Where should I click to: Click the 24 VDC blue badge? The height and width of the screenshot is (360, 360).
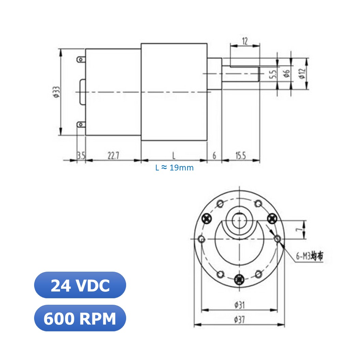point(80,285)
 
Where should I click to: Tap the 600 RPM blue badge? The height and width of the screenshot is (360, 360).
point(80,318)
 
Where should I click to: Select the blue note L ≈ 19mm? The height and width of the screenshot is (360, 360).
point(174,168)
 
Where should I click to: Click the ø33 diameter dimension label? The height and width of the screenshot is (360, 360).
point(56,92)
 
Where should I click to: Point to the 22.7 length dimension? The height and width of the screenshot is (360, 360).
point(113,156)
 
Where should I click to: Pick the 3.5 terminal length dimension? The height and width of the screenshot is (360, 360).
point(81,156)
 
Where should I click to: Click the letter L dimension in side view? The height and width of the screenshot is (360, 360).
point(174,156)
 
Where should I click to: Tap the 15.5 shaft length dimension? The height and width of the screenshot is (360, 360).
point(240,156)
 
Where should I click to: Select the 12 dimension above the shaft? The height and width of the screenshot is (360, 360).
point(245,41)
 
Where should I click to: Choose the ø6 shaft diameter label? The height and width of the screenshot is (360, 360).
point(287,73)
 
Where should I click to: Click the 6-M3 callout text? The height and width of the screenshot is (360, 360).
point(309,256)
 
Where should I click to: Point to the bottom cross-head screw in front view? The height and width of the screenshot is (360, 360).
point(240,278)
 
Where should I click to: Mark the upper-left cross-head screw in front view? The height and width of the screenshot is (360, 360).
point(207,217)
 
